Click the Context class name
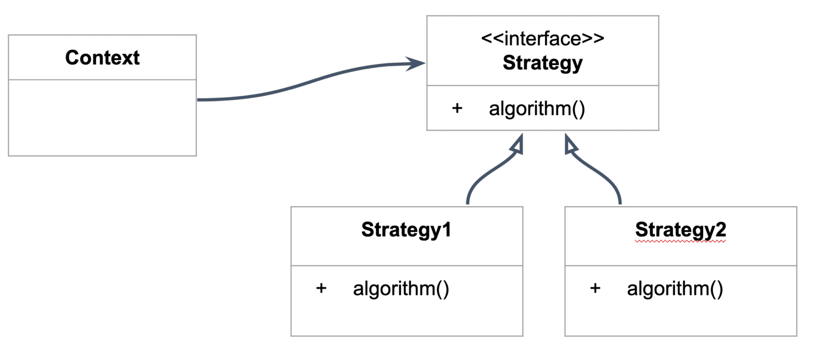[x=102, y=57]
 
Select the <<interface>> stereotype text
[x=542, y=40]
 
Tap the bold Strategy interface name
[x=542, y=63]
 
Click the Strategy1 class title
[x=406, y=229]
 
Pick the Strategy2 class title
[x=681, y=229]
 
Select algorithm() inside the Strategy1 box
[x=401, y=289]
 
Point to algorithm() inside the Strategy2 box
[x=675, y=289]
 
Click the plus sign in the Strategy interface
[x=457, y=108]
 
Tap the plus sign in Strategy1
[x=321, y=288]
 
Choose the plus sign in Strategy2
[x=595, y=288]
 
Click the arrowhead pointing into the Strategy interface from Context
[x=416, y=64]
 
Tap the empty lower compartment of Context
[x=102, y=118]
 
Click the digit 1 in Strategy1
[x=446, y=229]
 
